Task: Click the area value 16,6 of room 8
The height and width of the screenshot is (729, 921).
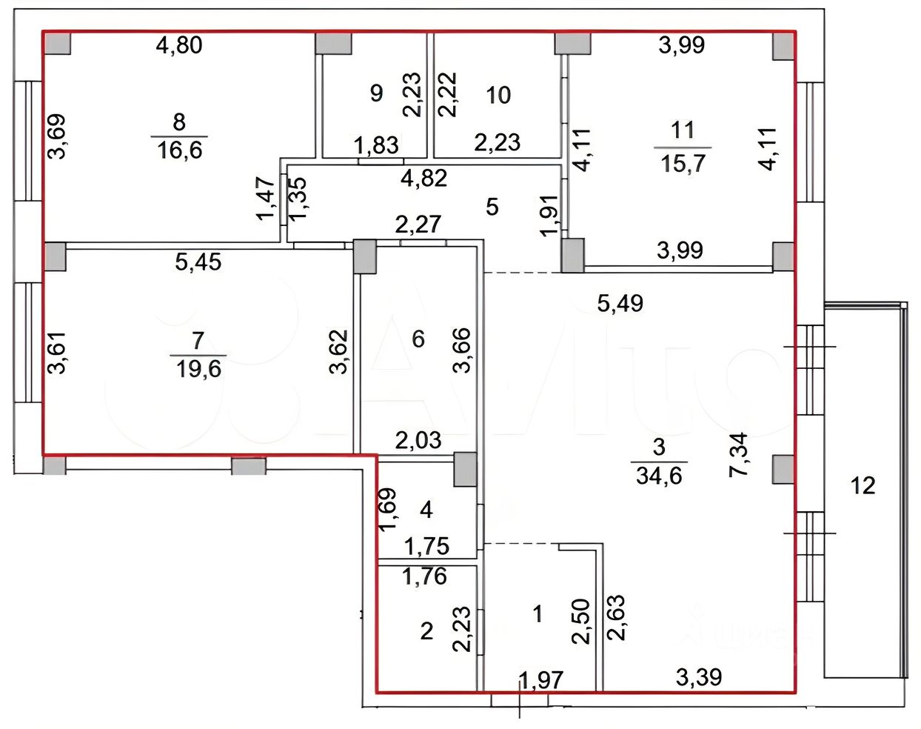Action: [180, 150]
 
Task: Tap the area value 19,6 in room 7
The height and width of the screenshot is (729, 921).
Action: [198, 367]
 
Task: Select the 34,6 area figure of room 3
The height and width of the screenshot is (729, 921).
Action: [659, 475]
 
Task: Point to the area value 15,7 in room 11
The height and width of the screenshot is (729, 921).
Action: [683, 162]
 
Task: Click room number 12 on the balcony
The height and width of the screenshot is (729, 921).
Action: [863, 485]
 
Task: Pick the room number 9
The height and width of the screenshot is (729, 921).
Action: [376, 93]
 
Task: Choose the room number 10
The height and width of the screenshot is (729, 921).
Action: [499, 95]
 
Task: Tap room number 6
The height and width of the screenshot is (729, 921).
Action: [418, 339]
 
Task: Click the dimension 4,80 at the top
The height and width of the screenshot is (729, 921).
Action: [179, 45]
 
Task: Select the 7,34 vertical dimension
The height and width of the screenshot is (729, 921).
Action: [739, 454]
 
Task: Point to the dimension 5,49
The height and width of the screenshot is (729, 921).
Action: [620, 302]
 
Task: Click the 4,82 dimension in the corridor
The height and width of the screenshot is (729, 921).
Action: [423, 178]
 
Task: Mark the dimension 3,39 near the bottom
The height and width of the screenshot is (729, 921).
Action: [699, 676]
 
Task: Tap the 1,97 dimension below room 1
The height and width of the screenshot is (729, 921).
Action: [541, 679]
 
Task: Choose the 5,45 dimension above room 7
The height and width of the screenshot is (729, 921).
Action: [198, 262]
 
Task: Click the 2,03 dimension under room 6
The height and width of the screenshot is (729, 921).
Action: [418, 440]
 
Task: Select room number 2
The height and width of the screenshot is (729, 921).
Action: [426, 630]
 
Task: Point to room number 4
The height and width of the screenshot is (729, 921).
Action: [426, 509]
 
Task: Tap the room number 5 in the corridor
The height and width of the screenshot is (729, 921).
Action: [492, 207]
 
